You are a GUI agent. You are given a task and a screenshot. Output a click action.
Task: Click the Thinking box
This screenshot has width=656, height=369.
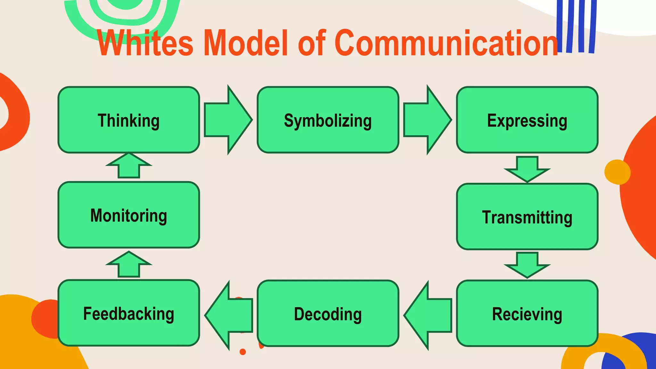click(129, 120)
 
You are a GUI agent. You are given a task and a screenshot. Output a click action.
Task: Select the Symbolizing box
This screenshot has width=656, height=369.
click(328, 120)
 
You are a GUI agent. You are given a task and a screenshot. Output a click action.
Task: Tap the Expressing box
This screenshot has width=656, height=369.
click(527, 120)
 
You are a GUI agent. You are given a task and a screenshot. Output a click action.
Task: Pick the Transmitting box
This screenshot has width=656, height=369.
click(527, 217)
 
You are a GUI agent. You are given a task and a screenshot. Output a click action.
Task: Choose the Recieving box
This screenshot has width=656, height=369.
click(527, 313)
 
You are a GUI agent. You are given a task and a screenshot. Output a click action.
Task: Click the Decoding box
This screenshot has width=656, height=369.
click(328, 313)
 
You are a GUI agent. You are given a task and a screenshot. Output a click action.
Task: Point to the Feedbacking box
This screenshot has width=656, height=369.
click(129, 313)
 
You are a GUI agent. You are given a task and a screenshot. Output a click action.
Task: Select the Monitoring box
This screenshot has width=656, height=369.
click(129, 215)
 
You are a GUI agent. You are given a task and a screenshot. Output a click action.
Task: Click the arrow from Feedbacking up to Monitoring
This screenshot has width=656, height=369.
click(129, 264)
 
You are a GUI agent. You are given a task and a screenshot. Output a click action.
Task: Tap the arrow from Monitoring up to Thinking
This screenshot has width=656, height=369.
click(129, 165)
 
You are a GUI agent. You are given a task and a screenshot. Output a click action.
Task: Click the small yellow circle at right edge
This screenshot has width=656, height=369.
click(617, 172)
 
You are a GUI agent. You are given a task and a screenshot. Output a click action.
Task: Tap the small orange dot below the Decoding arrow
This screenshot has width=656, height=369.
click(243, 352)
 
